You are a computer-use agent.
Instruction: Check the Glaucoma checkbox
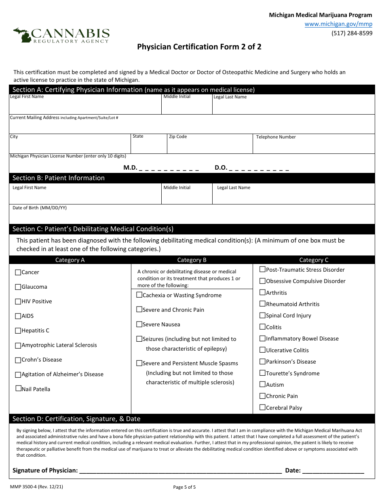[18, 287]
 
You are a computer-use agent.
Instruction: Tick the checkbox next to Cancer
[18, 272]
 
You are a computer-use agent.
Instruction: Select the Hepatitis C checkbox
[18, 331]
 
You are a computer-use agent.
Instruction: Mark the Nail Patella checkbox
[18, 389]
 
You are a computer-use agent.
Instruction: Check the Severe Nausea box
[139, 324]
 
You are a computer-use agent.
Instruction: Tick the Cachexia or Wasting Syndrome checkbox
[139, 295]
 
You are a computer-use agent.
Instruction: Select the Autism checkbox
[263, 385]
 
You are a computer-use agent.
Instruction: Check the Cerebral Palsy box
[263, 408]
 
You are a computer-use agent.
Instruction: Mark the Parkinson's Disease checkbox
[263, 362]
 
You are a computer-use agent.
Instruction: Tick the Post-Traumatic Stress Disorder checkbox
[263, 270]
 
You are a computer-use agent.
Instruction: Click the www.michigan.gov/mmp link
[338, 24]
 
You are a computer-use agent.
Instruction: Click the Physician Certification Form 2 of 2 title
[199, 47]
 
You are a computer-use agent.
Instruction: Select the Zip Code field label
[178, 137]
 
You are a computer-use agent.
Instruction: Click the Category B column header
[192, 260]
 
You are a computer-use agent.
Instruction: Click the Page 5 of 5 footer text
[184, 487]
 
